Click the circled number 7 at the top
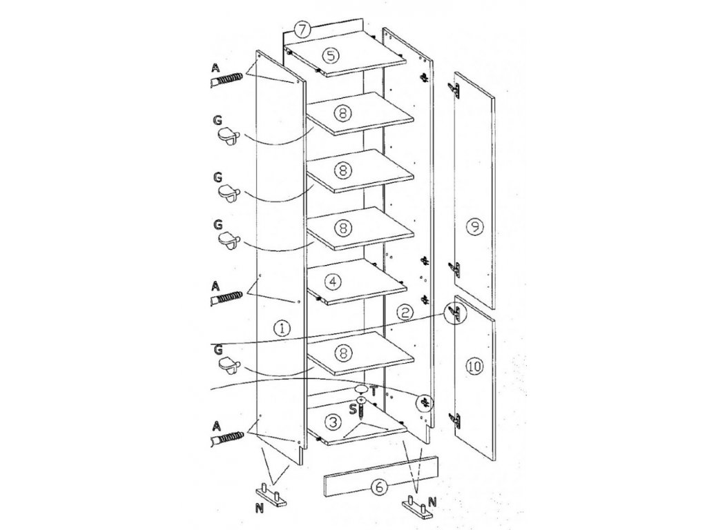(x=302, y=30)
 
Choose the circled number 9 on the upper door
(x=473, y=226)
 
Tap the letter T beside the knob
(x=374, y=391)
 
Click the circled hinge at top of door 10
(x=455, y=315)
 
